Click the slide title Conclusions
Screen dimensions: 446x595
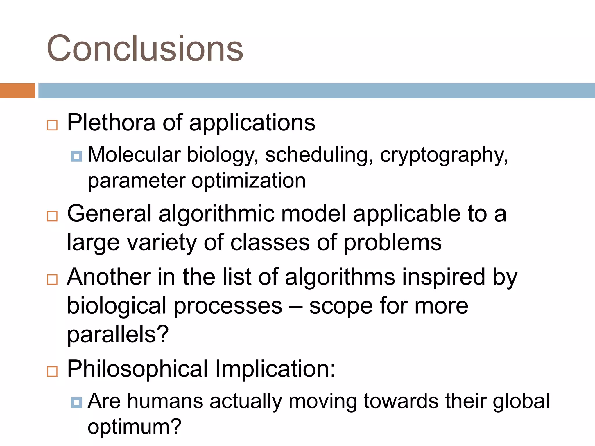[145, 48]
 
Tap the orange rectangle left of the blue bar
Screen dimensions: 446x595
[17, 91]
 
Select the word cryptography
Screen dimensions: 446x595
[444, 155]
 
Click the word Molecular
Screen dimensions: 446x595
[134, 154]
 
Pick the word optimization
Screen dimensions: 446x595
[248, 181]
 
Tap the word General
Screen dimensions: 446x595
[109, 214]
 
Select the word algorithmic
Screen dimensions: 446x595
[216, 214]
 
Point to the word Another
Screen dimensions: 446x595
[109, 277]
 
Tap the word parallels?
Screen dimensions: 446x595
[118, 334]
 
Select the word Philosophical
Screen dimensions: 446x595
[137, 369]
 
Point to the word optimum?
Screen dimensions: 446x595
[135, 427]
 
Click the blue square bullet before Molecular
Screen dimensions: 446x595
[76, 156]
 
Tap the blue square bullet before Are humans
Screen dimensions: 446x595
[76, 403]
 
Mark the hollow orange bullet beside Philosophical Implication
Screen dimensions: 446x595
[52, 371]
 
